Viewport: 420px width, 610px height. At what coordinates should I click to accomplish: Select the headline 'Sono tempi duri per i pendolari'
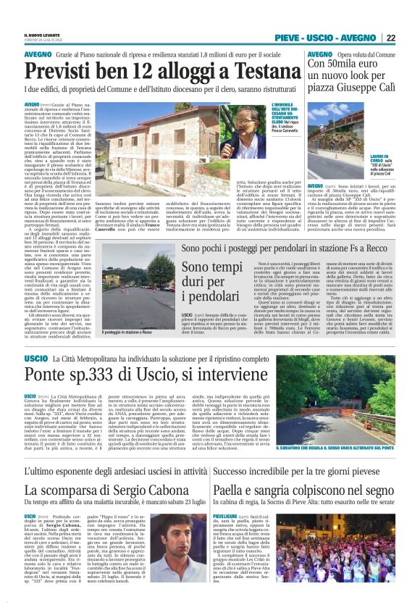[x=192, y=285]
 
